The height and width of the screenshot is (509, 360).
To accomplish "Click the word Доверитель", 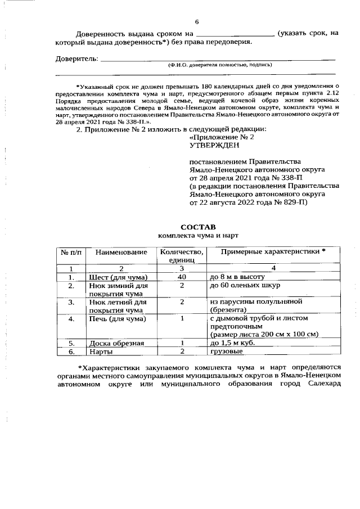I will (x=77, y=58).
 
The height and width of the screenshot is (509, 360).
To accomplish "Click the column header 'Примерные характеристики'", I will (x=272, y=251).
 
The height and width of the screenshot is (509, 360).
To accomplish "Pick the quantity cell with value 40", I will (x=182, y=277).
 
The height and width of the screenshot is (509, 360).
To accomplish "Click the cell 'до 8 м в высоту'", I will (x=236, y=277).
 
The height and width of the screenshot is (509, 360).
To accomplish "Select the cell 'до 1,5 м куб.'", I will (x=233, y=343).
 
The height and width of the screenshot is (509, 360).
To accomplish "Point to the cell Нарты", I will (x=101, y=352).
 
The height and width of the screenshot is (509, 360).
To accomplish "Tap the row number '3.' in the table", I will (x=71, y=302).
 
